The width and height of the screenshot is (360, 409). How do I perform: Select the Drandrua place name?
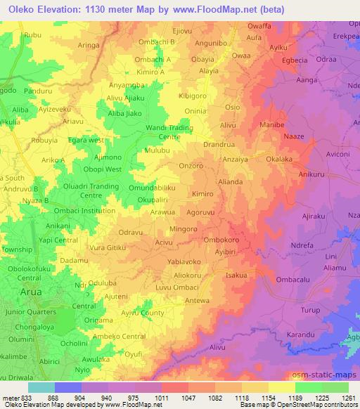[x=218, y=144]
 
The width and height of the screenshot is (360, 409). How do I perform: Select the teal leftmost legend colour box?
[x=40, y=387]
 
